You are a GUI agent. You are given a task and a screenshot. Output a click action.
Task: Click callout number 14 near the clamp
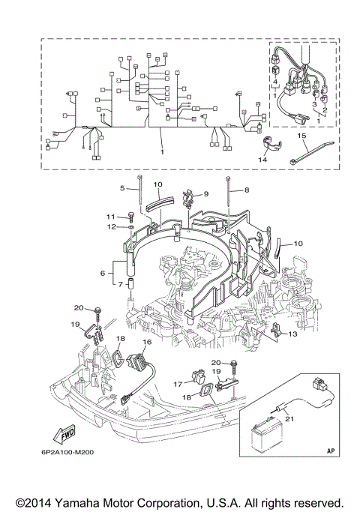click(262, 159)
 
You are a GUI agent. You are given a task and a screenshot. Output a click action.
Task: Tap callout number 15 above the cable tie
click(302, 136)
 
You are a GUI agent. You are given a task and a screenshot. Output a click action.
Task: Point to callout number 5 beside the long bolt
click(122, 187)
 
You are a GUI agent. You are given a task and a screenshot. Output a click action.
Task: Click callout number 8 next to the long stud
click(244, 192)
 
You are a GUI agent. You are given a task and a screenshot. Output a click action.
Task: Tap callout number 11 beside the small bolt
click(109, 216)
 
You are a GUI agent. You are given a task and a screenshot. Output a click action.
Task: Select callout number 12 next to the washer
click(109, 226)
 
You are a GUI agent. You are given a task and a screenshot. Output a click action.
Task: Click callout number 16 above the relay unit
click(146, 341)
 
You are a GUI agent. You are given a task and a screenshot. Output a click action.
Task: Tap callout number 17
click(178, 383)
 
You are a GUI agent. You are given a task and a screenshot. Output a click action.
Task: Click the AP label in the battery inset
click(331, 451)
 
